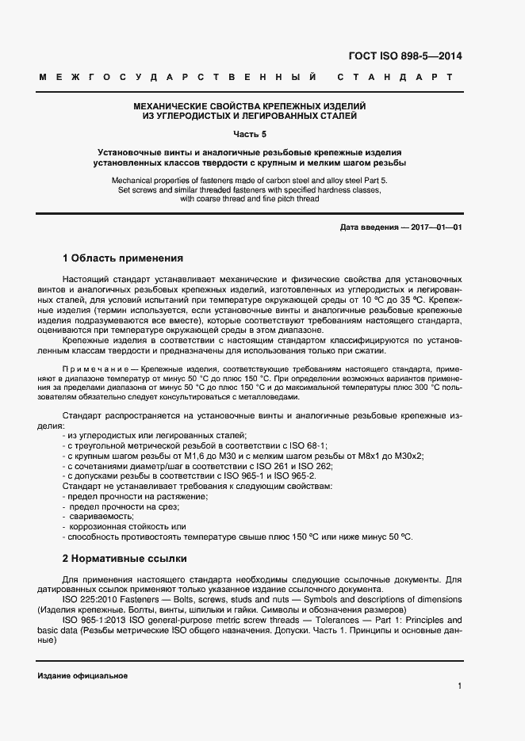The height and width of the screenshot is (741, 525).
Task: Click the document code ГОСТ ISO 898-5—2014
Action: point(405,56)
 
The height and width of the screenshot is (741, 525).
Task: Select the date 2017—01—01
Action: point(435,228)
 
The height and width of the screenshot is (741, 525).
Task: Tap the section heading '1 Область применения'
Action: point(122,258)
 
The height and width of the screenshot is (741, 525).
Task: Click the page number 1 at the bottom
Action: point(459,686)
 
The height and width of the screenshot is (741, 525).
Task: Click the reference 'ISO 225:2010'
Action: point(90,599)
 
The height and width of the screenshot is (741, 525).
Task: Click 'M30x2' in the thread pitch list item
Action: point(409,456)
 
